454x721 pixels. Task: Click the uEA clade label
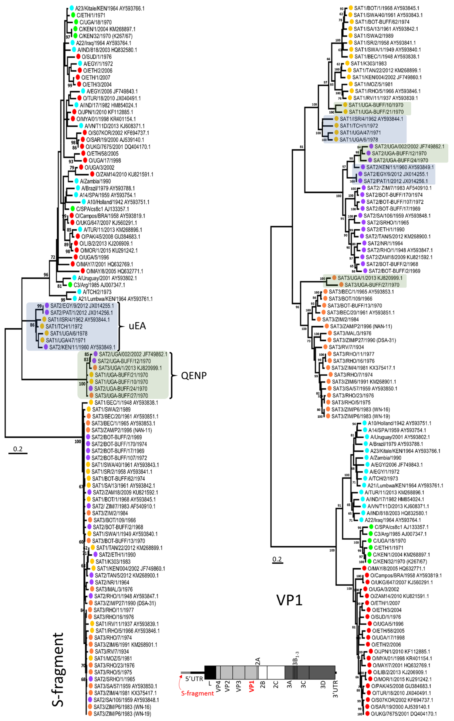pos(137,326)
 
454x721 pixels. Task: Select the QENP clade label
pos(194,375)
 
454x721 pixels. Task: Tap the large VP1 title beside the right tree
pos(289,600)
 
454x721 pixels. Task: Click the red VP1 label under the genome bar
pos(251,686)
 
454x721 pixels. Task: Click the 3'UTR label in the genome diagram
pos(335,689)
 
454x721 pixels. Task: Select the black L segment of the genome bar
pos(210,672)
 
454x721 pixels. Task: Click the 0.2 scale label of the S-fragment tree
pos(18,449)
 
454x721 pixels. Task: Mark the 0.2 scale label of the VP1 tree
pos(277,559)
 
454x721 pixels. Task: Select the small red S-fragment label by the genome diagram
pos(197,693)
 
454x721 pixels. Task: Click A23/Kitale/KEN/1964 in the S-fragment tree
pos(109,8)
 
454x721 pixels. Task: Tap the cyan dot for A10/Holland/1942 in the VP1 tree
pos(364,423)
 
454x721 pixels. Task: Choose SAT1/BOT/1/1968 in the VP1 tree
pos(387,8)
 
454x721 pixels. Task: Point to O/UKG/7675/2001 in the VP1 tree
pos(404,713)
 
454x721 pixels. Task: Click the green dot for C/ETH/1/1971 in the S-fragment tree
pos(73,15)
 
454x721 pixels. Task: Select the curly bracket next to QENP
pos(173,375)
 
